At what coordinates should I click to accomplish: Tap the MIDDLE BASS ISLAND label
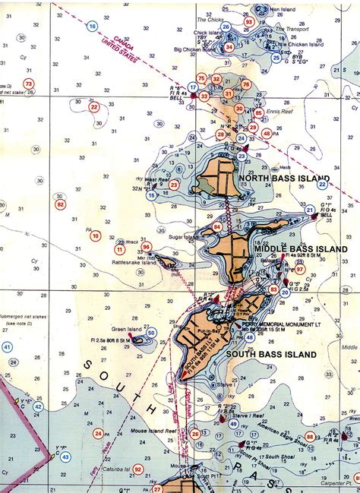point(301,248)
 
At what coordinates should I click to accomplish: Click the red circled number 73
point(29,84)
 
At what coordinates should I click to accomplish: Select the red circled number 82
point(61,204)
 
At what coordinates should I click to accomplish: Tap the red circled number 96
point(146,246)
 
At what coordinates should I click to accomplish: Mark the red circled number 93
point(249,22)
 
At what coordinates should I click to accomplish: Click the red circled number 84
point(217,226)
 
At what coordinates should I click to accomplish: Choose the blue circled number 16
point(93,26)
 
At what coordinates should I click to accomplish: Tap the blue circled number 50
point(151,332)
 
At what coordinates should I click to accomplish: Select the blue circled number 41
point(7,347)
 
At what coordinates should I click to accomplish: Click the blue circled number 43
point(65,457)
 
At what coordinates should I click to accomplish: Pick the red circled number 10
point(96,236)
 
